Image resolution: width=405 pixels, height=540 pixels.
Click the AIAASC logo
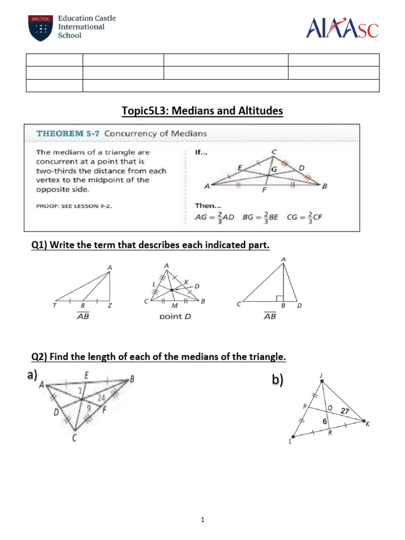click(342, 27)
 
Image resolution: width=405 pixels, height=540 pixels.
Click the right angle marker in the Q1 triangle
click(279, 298)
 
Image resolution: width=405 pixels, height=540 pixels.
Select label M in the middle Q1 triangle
click(173, 306)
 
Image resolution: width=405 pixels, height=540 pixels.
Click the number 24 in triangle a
click(101, 398)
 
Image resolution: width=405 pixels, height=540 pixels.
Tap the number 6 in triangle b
click(325, 423)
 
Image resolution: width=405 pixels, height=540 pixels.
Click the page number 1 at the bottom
click(202, 520)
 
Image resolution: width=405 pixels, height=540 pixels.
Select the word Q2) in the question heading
click(41, 357)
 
